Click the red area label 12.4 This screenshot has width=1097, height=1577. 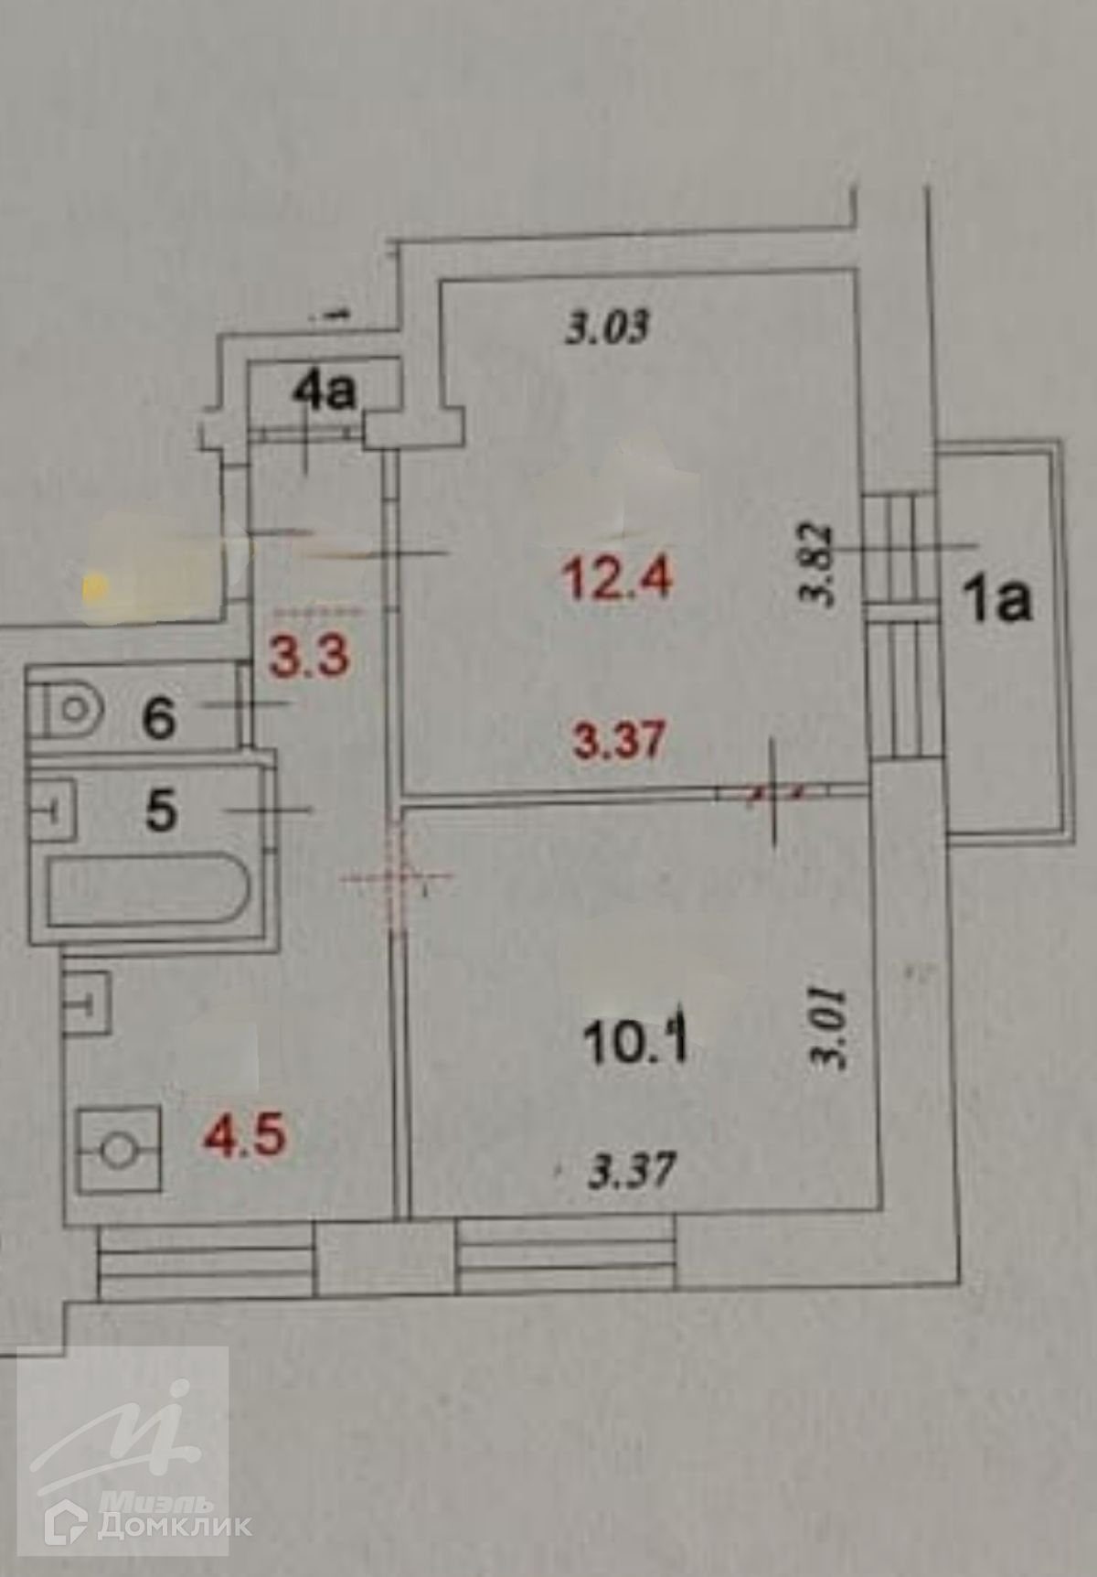(619, 577)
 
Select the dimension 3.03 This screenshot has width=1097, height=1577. (607, 327)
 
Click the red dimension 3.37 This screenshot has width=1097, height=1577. (618, 740)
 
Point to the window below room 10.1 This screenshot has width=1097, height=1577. (566, 1253)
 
